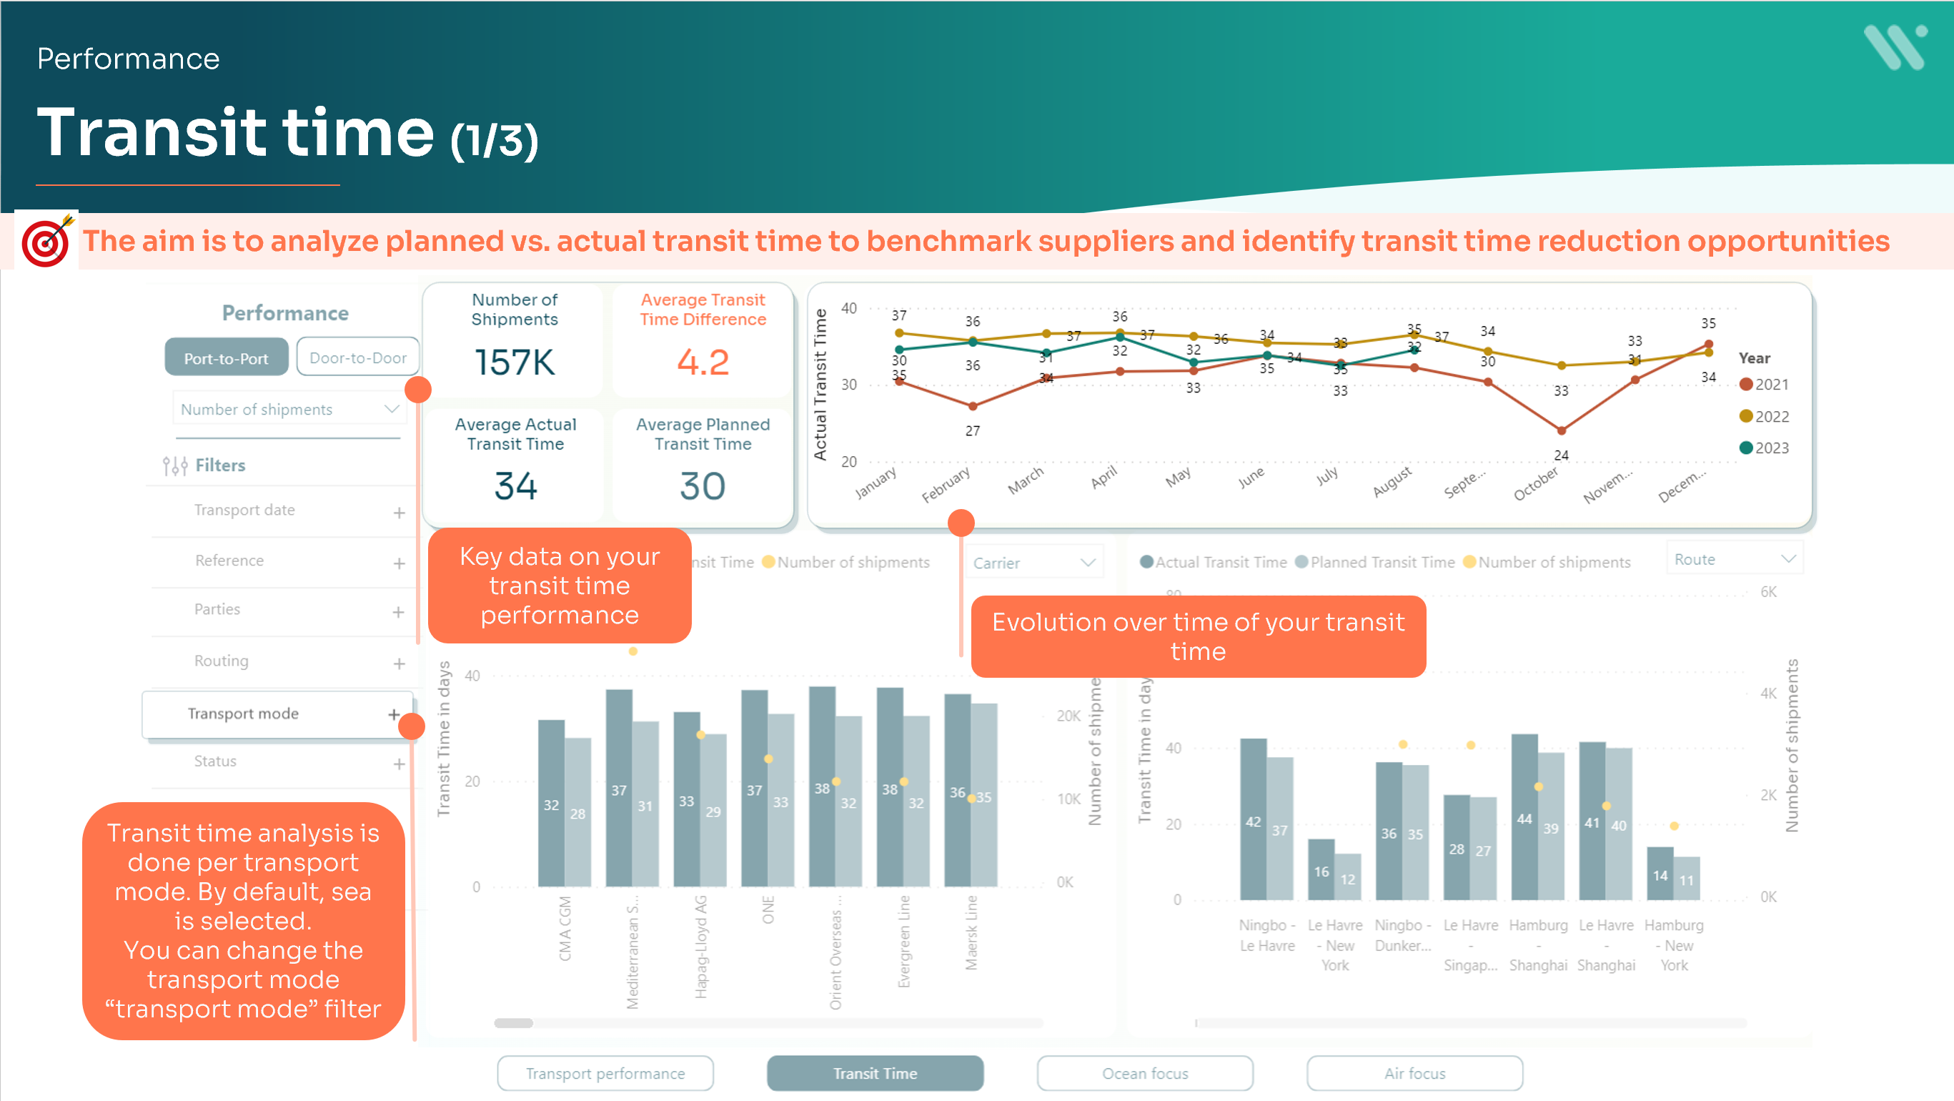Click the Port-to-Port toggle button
pos(226,357)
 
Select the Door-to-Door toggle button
pos(357,357)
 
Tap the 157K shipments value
pos(515,362)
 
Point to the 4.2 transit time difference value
pos(703,362)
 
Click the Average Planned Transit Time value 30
pos(703,486)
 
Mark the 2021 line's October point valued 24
pos(1561,431)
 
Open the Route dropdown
pos(1734,560)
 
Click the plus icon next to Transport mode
pos(394,714)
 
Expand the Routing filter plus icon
pos(399,664)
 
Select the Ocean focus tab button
pos(1145,1074)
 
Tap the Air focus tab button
pos(1414,1074)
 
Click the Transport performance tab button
pos(605,1074)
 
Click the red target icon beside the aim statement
pos(46,242)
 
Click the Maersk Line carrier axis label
pos(971,932)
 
